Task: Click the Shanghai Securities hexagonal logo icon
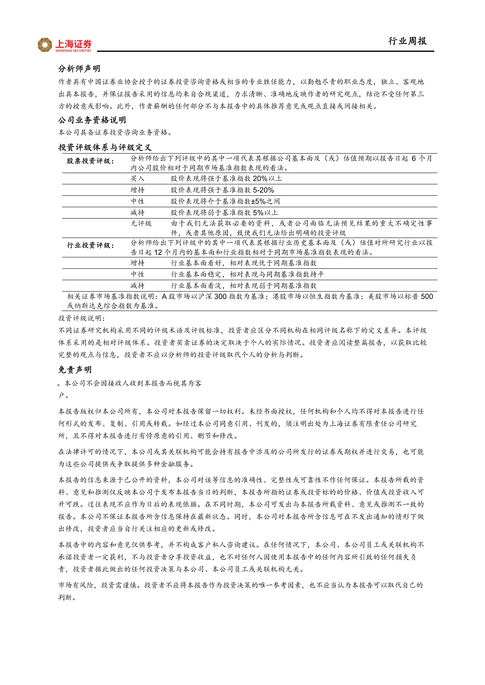tap(45, 45)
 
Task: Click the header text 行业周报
tap(407, 41)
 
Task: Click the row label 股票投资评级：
tap(90, 161)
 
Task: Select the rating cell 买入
tap(137, 179)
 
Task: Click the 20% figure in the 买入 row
tap(260, 179)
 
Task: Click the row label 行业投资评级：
tap(90, 245)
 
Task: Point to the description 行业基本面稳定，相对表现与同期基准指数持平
tap(247, 274)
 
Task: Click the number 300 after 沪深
tap(220, 296)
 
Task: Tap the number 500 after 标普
tap(427, 296)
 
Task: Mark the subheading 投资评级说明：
tap(82, 318)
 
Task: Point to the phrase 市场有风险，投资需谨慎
tap(100, 585)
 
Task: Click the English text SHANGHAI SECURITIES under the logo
tap(73, 51)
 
